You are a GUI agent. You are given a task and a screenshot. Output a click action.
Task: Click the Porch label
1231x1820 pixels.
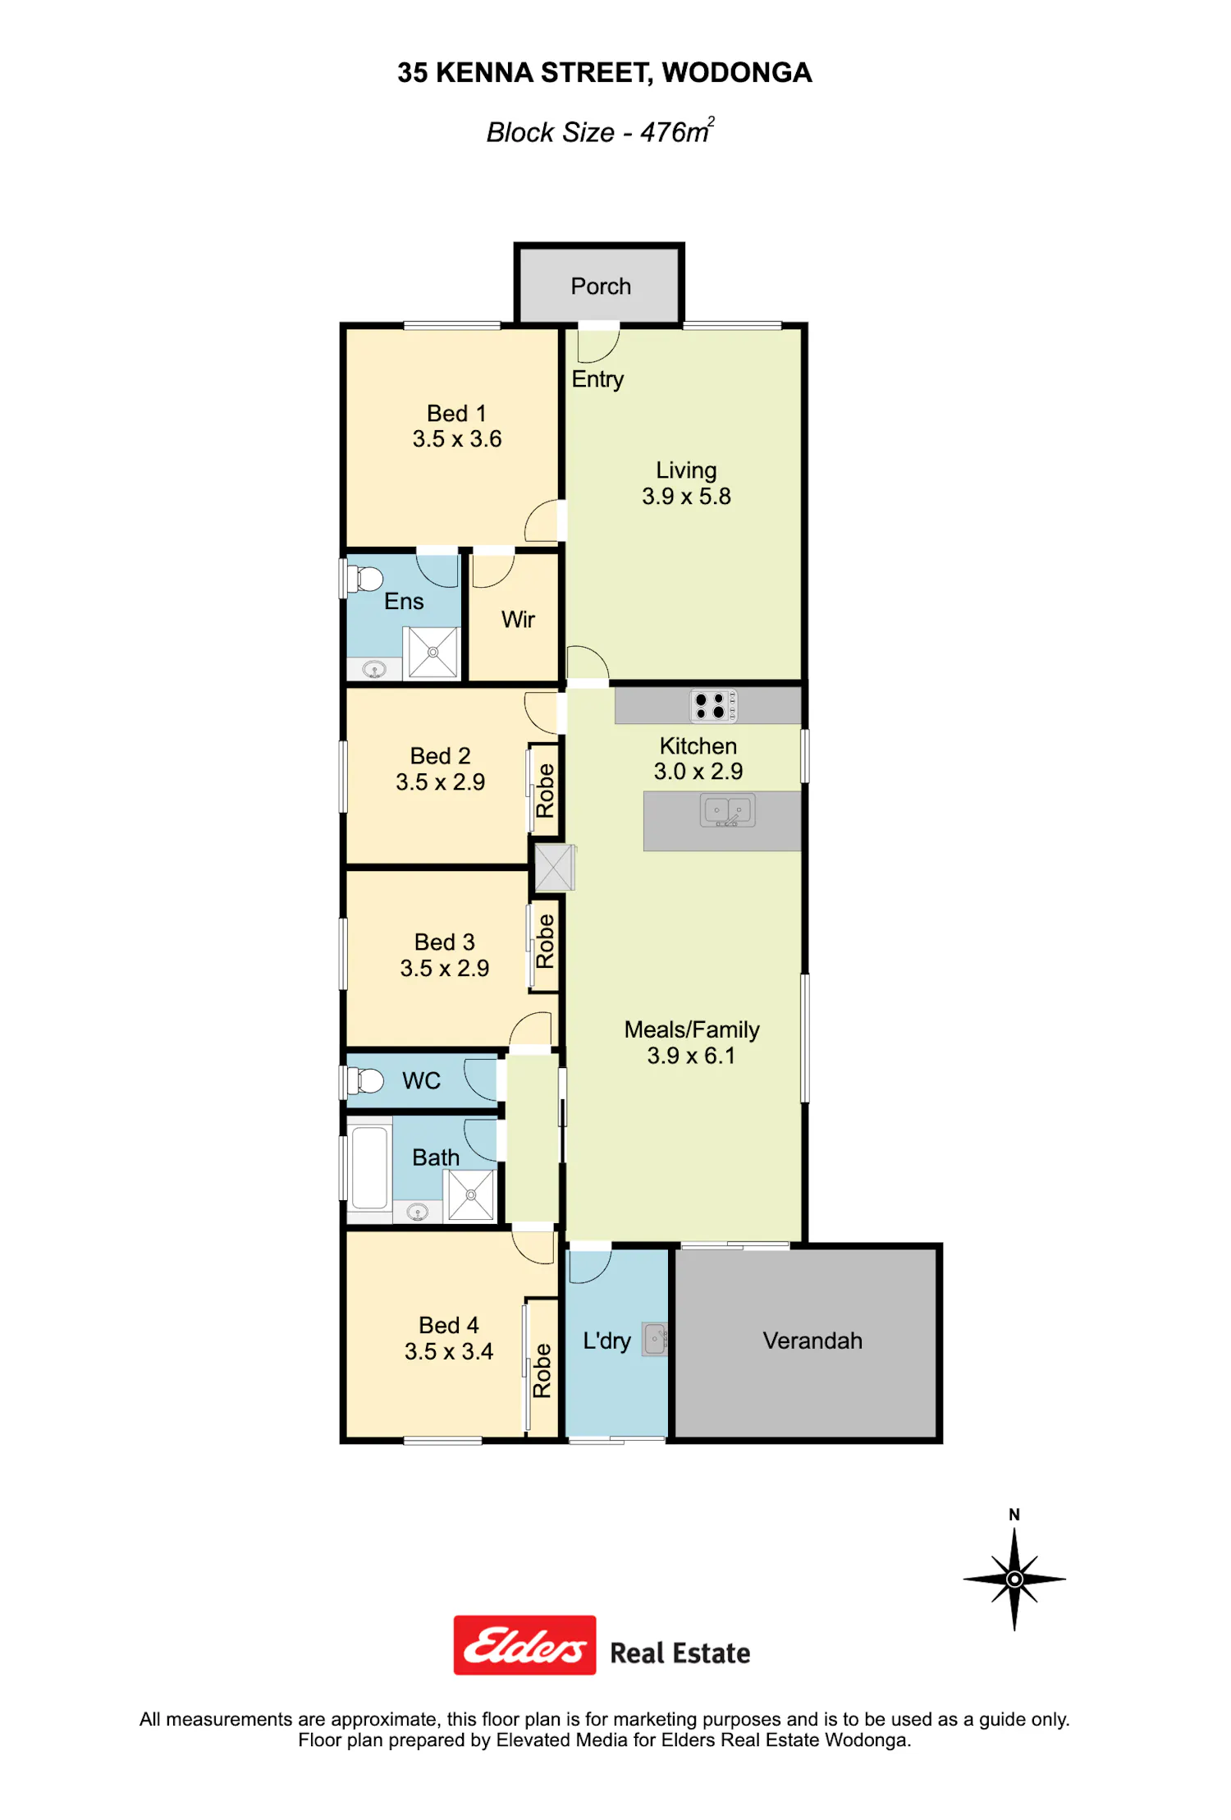[x=601, y=287]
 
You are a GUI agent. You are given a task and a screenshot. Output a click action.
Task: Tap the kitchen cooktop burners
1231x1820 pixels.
[x=713, y=706]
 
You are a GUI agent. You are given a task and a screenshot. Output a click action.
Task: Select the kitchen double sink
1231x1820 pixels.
[x=727, y=810]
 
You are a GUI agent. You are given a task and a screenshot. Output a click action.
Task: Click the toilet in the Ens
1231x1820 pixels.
[x=365, y=579]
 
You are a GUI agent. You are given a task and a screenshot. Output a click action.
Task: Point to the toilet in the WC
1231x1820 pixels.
[x=365, y=1080]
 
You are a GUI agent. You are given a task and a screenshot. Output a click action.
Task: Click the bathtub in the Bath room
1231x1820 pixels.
[x=369, y=1168]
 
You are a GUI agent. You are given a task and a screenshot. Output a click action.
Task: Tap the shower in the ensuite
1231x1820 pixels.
[x=432, y=653]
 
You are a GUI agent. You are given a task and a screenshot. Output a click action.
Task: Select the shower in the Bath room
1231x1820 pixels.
[x=471, y=1194]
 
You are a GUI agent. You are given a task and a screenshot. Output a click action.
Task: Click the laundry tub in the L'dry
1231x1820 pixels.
[x=655, y=1339]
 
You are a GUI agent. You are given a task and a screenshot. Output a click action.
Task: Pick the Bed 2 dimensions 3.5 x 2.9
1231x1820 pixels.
[x=440, y=782]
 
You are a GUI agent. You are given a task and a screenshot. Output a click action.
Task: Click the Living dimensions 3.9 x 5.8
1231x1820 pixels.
[x=686, y=496]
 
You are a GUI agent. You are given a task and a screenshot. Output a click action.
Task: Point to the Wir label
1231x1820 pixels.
[x=518, y=619]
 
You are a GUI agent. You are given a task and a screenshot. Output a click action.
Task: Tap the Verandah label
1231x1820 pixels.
[x=812, y=1341]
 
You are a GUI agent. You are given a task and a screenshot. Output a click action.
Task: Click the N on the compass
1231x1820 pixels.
[x=1014, y=1515]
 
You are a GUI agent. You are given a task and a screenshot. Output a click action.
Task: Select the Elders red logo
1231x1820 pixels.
[x=525, y=1645]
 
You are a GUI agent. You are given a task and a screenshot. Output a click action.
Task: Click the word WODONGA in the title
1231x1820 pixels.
[x=737, y=73]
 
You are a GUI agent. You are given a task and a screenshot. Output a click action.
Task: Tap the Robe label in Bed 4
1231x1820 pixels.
[x=542, y=1370]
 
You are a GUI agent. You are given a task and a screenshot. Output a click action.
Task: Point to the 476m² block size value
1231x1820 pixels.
[x=677, y=131]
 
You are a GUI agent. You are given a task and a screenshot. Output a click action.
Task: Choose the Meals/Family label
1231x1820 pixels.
[x=692, y=1029]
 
